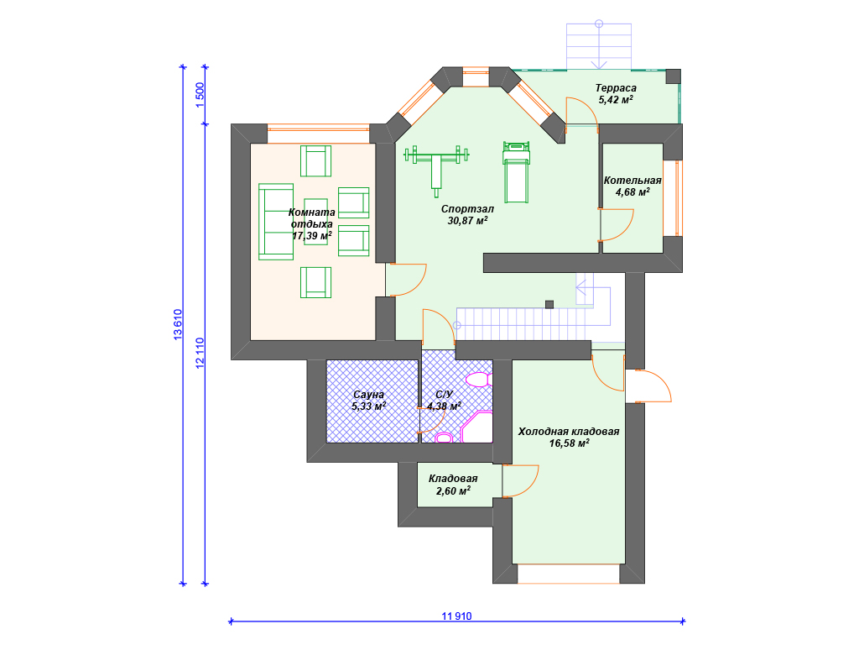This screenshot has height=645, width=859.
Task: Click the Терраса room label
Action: (x=616, y=87)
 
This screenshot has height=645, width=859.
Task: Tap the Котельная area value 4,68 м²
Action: (x=633, y=192)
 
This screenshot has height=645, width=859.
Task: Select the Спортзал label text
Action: (x=467, y=209)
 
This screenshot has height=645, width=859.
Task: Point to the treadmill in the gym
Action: (x=516, y=171)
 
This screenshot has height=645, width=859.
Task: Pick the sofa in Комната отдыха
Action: (x=275, y=222)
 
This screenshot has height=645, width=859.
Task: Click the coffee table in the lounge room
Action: (x=315, y=222)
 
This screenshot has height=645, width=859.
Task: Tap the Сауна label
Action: (x=369, y=395)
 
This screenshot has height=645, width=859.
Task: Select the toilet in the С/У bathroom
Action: (x=444, y=437)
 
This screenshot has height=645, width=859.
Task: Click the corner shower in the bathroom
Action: (x=476, y=427)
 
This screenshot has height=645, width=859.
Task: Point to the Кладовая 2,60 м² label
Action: (x=453, y=485)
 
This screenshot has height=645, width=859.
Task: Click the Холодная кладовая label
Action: (x=569, y=432)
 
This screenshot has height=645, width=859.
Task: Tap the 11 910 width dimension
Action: (x=456, y=616)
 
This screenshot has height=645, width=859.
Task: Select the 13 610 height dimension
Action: (x=178, y=324)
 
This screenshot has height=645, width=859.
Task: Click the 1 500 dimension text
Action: (x=200, y=94)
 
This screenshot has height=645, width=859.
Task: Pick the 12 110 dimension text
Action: (x=200, y=353)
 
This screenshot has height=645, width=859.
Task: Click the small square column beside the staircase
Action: (x=549, y=304)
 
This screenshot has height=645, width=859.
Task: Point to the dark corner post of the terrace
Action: (x=674, y=76)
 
